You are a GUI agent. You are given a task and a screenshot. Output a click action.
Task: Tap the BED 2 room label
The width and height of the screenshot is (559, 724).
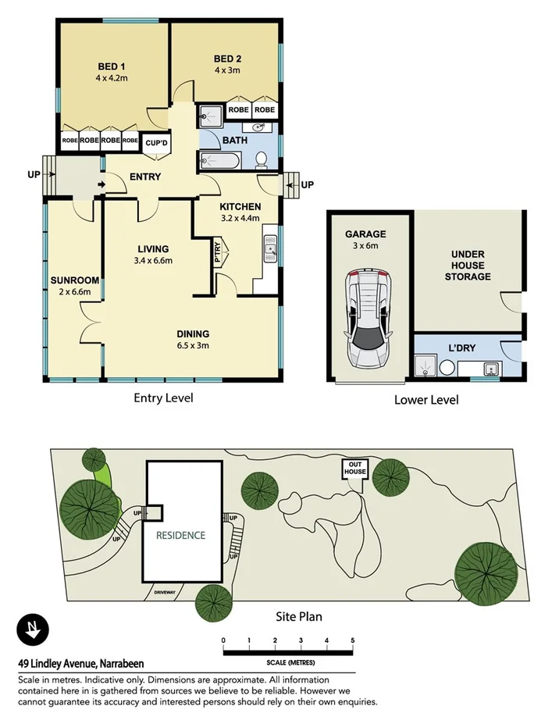click(227, 59)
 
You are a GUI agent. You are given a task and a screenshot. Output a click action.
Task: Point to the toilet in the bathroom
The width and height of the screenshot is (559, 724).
click(262, 160)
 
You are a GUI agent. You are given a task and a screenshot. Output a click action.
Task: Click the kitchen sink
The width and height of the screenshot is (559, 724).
click(270, 250)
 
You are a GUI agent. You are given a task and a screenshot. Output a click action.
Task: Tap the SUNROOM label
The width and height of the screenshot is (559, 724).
click(74, 280)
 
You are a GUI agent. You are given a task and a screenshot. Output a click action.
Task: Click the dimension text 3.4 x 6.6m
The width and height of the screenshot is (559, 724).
click(152, 261)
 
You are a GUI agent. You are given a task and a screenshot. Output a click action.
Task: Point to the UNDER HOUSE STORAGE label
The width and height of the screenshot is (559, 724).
click(468, 266)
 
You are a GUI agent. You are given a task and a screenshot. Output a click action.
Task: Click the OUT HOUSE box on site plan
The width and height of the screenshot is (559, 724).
click(354, 469)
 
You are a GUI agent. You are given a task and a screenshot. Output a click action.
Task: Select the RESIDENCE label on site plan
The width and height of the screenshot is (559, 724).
click(180, 536)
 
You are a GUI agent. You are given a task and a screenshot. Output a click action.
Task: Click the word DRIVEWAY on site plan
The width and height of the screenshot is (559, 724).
click(168, 592)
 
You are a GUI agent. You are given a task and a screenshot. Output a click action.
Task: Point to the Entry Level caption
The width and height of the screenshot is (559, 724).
click(163, 398)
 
